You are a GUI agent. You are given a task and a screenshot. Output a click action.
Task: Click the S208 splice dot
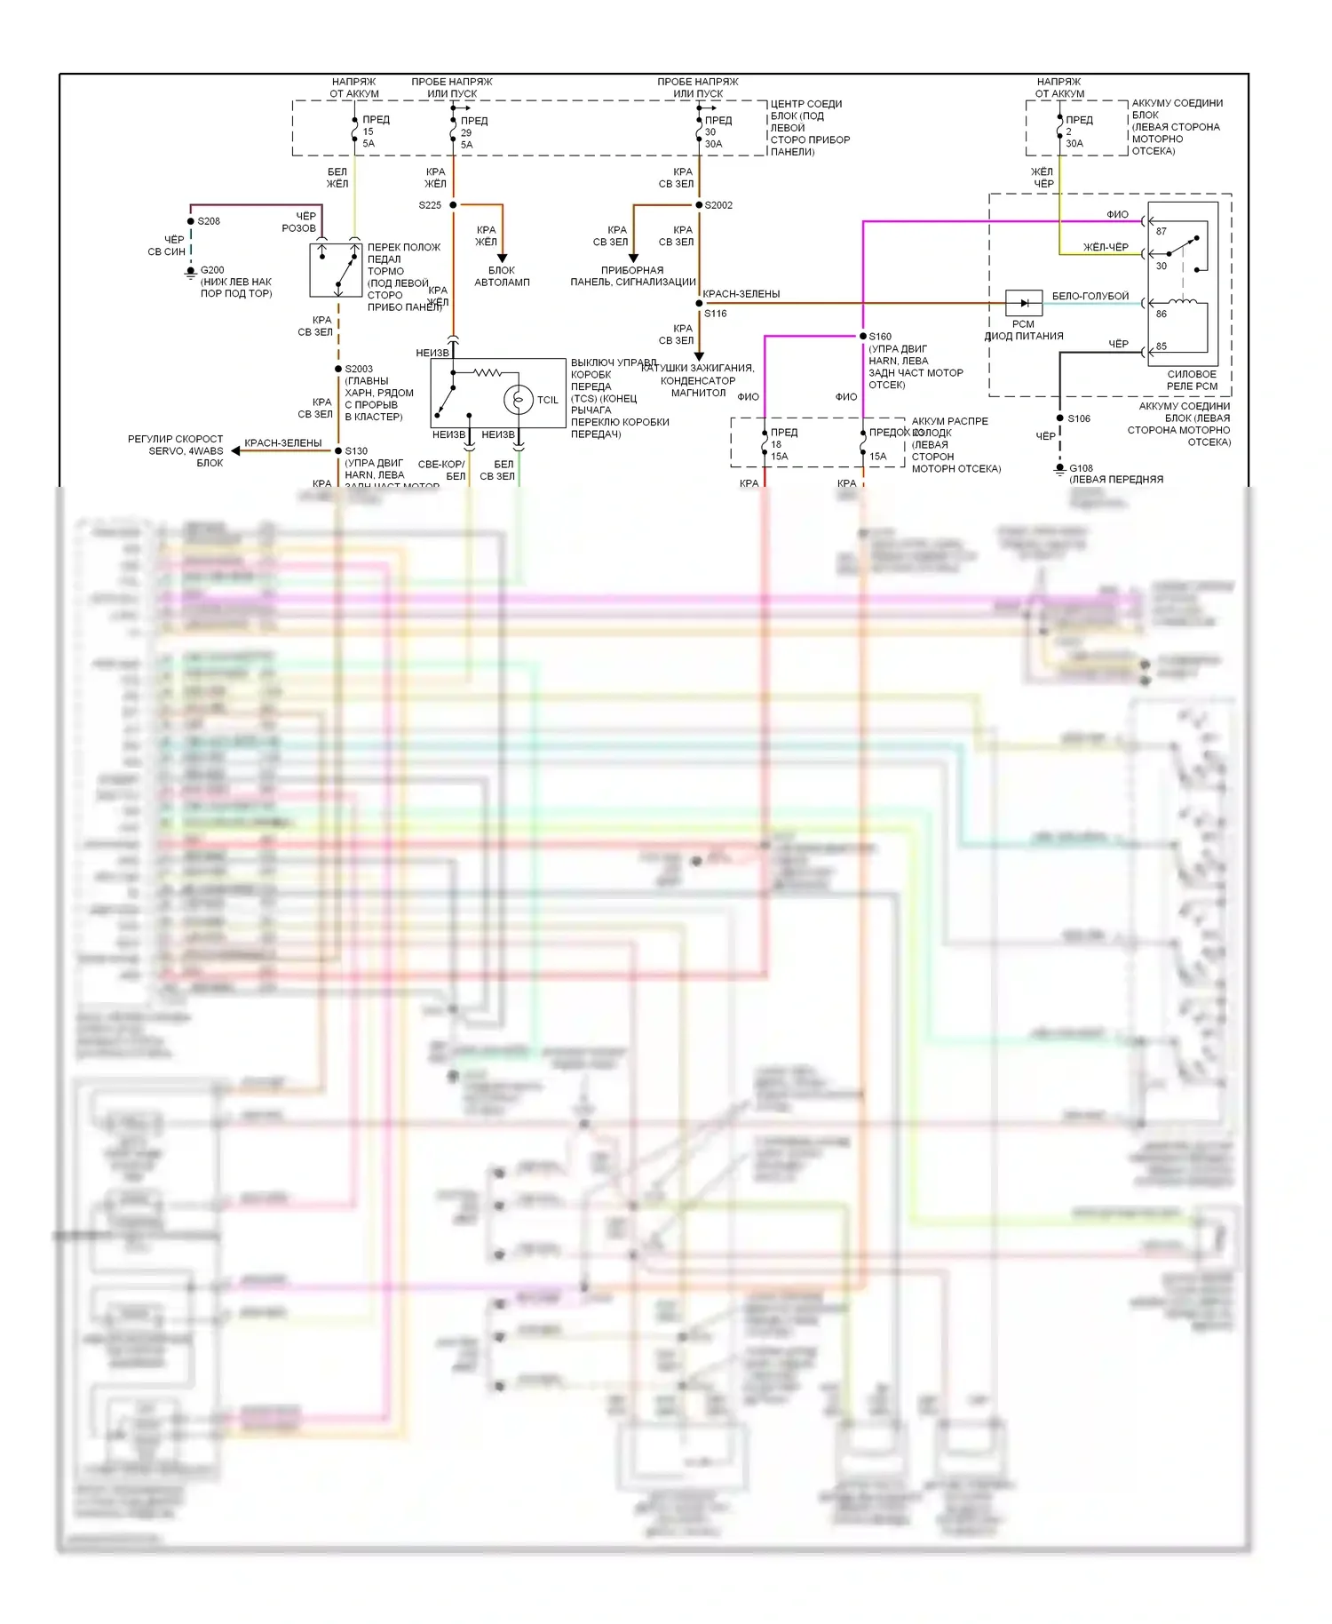tap(191, 221)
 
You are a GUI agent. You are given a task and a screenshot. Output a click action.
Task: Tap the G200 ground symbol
tap(190, 273)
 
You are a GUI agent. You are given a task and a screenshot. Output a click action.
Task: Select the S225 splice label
tap(430, 205)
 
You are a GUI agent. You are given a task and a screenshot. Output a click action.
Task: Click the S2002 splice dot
tap(699, 205)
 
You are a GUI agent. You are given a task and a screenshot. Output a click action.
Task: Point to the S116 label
tap(716, 314)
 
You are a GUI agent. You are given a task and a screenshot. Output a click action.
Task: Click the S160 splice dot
tap(862, 336)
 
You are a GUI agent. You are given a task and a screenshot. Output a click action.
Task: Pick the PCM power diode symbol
tap(1024, 303)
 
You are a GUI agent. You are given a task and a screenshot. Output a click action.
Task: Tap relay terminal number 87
tap(1161, 231)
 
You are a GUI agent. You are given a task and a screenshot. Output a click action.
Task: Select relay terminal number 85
tap(1161, 346)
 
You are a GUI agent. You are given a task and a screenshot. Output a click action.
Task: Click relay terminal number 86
tap(1161, 314)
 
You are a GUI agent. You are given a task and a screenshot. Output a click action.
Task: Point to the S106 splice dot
tap(1059, 418)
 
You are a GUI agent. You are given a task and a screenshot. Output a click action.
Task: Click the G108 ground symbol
tap(1059, 470)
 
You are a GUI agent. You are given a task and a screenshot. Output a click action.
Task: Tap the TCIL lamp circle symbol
tap(518, 400)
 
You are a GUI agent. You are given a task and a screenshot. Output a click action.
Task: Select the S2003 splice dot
tap(338, 369)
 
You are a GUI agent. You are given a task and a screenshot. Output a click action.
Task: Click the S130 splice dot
tap(338, 450)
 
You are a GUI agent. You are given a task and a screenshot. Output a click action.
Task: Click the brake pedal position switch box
tap(336, 270)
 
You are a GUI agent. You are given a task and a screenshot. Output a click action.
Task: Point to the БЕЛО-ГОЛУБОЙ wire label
tap(1090, 296)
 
